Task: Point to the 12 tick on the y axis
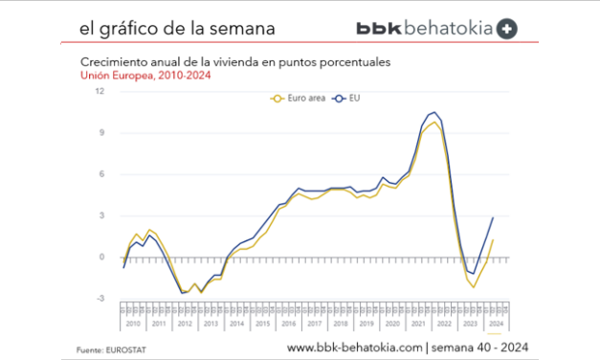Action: tap(100, 92)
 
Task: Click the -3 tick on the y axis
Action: tap(101, 299)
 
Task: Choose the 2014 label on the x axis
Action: tap(236, 324)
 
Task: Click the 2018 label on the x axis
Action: tap(340, 324)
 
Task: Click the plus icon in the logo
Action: tap(508, 29)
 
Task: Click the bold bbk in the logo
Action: tap(382, 29)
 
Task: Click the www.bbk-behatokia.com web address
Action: tap(354, 347)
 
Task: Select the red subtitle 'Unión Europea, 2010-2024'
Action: tap(133, 74)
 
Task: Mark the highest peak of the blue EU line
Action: tap(433, 113)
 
